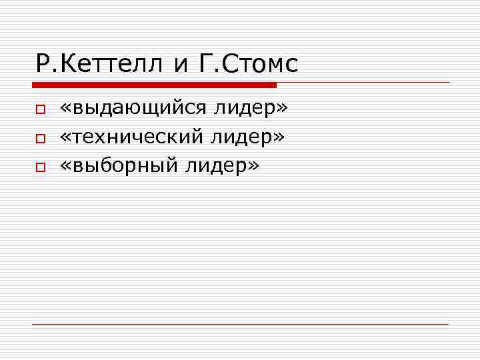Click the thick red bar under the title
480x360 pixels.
(154, 85)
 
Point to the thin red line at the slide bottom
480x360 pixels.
(240, 324)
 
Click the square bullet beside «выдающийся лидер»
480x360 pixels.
(40, 109)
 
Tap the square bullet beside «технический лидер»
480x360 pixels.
(40, 139)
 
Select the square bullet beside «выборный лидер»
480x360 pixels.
(40, 169)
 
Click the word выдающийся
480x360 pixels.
(140, 109)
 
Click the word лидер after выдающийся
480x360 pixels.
(247, 107)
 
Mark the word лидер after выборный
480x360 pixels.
(215, 166)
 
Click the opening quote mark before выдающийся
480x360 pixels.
(65, 109)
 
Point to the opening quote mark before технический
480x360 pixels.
(65, 138)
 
